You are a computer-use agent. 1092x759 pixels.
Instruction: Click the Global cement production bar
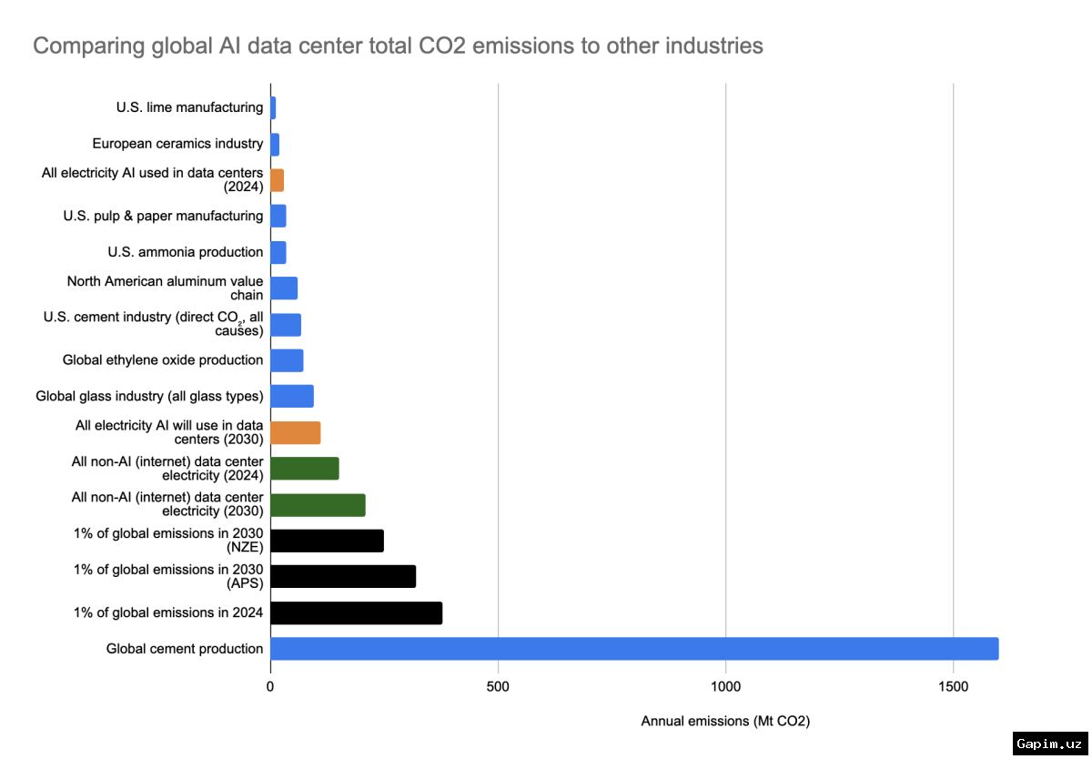pos(634,649)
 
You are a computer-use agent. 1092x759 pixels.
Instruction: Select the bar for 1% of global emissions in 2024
pos(357,612)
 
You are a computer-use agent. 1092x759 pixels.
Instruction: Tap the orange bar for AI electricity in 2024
pos(278,180)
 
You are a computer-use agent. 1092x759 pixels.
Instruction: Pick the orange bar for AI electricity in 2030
pos(296,433)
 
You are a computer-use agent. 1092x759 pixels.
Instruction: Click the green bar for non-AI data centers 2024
pos(305,469)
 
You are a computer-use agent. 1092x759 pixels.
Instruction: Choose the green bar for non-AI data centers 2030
pos(318,505)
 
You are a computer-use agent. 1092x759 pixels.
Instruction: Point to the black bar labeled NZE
pos(327,541)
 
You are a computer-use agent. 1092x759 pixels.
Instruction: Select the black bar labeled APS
pos(343,577)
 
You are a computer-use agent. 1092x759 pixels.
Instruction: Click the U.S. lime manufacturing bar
pos(273,107)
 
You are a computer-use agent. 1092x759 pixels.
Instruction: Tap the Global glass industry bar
pos(292,396)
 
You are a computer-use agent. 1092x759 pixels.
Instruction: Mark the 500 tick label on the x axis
pos(498,686)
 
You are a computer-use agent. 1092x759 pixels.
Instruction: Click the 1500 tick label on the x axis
pos(953,686)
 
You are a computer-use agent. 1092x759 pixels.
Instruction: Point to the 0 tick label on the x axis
pos(270,686)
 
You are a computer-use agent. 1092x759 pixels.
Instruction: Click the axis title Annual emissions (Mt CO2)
pos(725,721)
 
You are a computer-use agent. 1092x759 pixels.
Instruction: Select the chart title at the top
pos(398,46)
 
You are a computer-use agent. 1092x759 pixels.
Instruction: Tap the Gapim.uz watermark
pos(1050,744)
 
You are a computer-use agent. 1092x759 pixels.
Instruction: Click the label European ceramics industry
pos(177,143)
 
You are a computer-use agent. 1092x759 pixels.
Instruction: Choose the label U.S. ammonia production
pos(186,252)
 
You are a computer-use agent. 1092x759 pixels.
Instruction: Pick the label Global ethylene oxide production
pos(163,359)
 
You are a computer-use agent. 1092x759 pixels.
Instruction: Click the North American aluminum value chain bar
pos(284,288)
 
